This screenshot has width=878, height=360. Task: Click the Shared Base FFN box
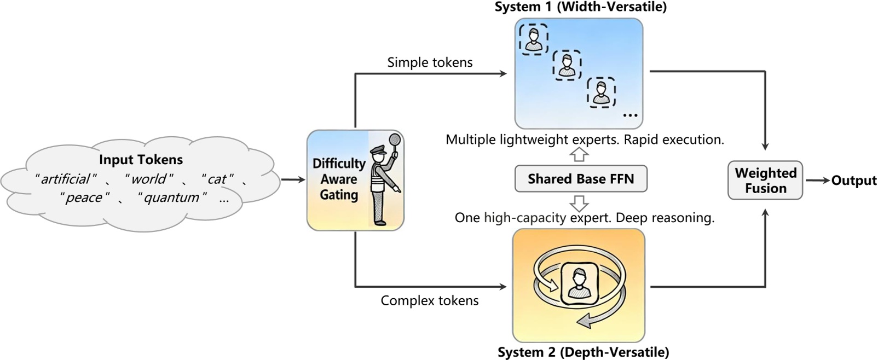click(x=581, y=179)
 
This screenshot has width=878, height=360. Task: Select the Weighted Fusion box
click(x=765, y=181)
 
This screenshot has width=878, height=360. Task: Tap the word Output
click(x=853, y=181)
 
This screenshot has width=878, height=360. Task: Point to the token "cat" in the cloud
click(x=217, y=179)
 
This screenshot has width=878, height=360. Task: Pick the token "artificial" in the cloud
click(x=65, y=179)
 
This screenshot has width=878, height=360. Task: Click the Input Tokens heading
click(x=141, y=160)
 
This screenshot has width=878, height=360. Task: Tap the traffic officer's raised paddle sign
click(x=396, y=140)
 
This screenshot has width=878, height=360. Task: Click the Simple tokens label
click(x=430, y=62)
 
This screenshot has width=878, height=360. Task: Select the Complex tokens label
click(x=430, y=300)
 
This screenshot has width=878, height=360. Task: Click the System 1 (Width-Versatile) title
click(x=580, y=7)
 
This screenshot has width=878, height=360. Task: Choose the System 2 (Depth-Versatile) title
click(x=583, y=352)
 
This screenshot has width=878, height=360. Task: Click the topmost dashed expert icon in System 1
click(x=533, y=39)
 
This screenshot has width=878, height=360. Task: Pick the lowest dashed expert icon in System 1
click(x=601, y=92)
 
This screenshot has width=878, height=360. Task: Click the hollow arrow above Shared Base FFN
click(x=579, y=155)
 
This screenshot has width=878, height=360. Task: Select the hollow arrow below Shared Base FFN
click(x=579, y=204)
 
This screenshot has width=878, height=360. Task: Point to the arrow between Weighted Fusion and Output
click(x=817, y=181)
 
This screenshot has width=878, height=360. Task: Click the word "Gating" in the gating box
click(x=339, y=195)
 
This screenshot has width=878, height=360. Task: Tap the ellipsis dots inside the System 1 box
click(x=630, y=115)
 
